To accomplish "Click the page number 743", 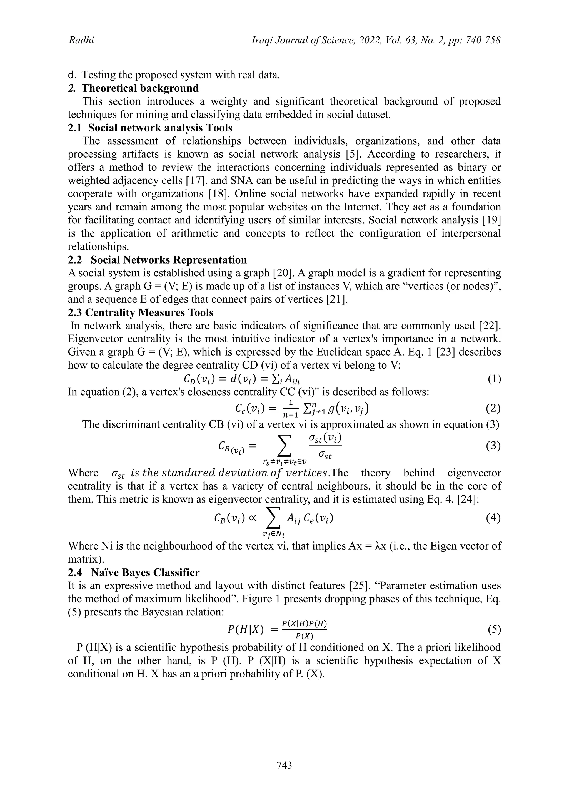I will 284,765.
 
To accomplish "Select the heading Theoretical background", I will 140,88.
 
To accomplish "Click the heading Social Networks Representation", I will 169,260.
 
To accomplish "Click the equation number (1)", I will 494,379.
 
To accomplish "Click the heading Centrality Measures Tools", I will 141,312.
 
